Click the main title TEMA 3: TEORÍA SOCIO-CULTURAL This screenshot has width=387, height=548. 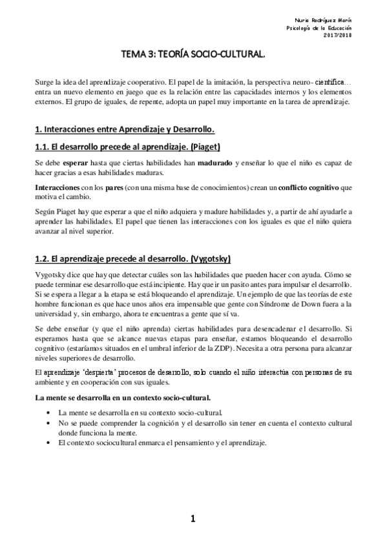[x=193, y=56]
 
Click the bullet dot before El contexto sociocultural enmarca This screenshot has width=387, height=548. [x=50, y=443]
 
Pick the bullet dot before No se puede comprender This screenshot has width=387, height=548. [x=50, y=422]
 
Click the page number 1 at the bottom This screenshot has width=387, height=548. [x=193, y=518]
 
